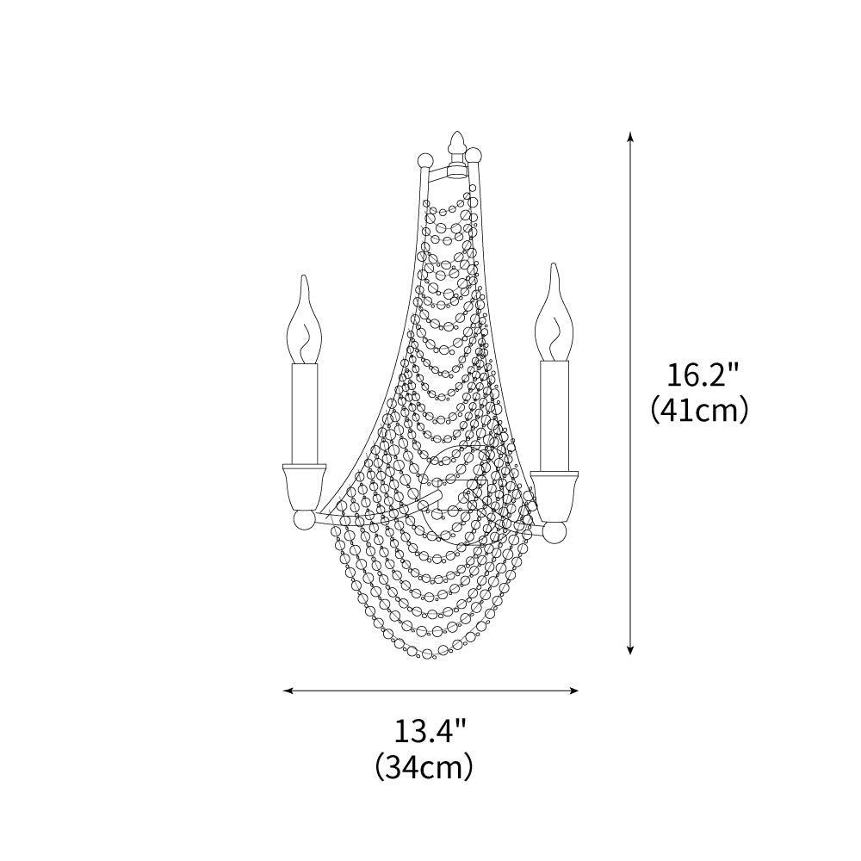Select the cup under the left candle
tap(304, 486)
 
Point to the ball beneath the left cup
tap(304, 521)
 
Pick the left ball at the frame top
tap(424, 160)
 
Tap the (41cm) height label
tap(698, 410)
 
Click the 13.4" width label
tap(430, 731)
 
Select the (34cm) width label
tap(424, 765)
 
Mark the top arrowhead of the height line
tap(631, 136)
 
